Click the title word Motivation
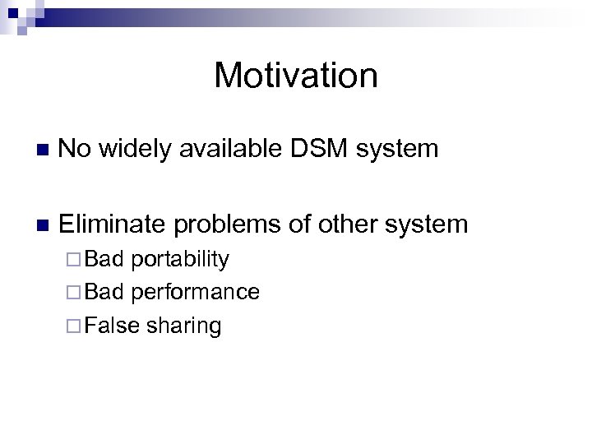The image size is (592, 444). pyautogui.click(x=296, y=76)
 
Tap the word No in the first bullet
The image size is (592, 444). pyautogui.click(x=76, y=149)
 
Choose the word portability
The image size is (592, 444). pyautogui.click(x=180, y=261)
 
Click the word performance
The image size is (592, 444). pyautogui.click(x=196, y=293)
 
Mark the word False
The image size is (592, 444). pyautogui.click(x=112, y=326)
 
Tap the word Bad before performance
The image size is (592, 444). pyautogui.click(x=104, y=293)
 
